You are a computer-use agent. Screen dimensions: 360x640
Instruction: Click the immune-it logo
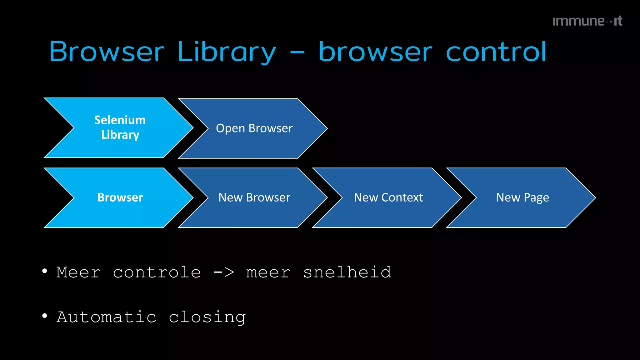(x=587, y=21)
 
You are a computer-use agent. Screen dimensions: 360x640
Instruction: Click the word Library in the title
(x=227, y=52)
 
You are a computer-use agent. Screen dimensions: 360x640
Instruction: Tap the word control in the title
(x=496, y=52)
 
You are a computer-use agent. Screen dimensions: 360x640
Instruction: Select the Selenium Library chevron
(x=120, y=127)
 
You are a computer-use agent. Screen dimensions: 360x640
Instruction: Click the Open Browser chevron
(x=254, y=128)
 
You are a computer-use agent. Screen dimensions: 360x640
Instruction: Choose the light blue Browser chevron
(x=120, y=197)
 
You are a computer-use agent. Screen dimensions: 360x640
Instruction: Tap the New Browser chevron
(x=254, y=197)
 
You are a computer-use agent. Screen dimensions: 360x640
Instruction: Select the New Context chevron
(x=388, y=197)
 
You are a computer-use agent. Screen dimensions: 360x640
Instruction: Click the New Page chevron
(x=522, y=197)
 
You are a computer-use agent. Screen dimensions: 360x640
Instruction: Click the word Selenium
(x=120, y=120)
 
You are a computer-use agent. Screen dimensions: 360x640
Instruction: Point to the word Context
(x=402, y=197)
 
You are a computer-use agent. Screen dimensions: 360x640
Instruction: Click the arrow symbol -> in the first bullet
(x=224, y=272)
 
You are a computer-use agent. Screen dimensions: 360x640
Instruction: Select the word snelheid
(x=347, y=272)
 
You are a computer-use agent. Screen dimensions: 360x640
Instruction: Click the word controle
(x=157, y=272)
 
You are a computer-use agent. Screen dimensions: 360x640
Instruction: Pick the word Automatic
(x=107, y=317)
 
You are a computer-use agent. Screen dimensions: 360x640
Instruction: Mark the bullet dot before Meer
(x=45, y=271)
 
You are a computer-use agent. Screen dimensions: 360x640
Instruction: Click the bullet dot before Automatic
(x=45, y=316)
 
